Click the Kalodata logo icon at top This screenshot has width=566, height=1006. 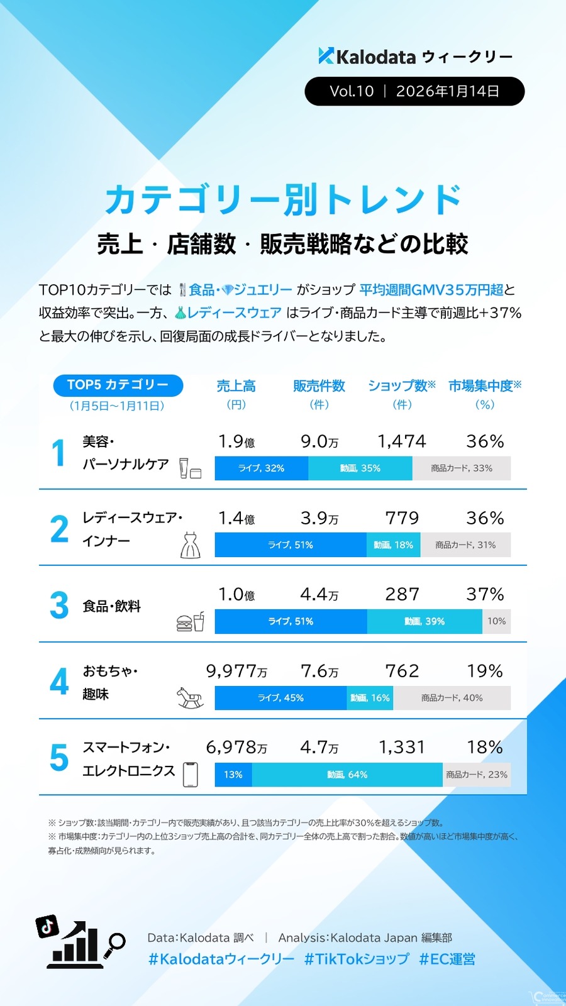coord(326,56)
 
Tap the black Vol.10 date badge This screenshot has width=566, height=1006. coord(414,91)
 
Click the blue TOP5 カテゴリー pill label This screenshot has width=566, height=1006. coord(118,385)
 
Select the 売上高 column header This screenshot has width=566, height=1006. coord(236,386)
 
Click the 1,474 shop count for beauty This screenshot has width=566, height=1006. coord(402,441)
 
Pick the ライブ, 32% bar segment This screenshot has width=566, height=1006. coord(261,468)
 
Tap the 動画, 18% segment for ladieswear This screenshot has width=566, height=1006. coord(394,545)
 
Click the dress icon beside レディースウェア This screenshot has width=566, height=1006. coord(190,545)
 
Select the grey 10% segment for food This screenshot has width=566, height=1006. coord(496,621)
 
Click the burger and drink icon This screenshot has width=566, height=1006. coord(190,622)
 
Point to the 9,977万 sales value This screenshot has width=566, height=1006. coord(236,672)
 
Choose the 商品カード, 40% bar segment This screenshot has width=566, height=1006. coord(452,698)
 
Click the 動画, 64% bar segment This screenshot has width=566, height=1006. coord(347,775)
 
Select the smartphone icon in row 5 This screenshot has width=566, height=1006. coord(190,775)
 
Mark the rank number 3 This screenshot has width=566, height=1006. coord(59,605)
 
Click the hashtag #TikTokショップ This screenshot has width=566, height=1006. coord(357,959)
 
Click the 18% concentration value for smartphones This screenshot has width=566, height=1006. coord(484,748)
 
